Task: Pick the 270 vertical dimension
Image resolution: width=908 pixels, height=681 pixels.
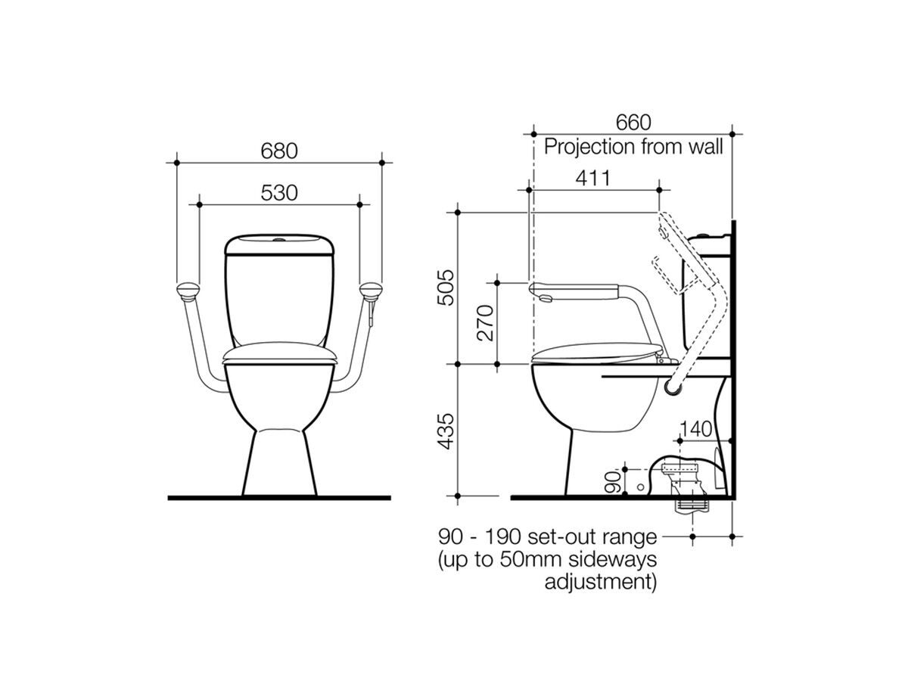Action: point(484,323)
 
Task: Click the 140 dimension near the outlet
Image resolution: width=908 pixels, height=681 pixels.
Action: point(695,429)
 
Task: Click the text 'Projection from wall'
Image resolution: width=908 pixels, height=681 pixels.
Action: point(634,146)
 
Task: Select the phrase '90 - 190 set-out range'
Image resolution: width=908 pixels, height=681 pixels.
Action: point(547,537)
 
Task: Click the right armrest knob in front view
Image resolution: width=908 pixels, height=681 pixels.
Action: point(372,289)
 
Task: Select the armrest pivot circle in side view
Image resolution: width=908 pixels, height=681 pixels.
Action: point(671,387)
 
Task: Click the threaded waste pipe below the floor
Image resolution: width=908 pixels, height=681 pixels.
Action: point(692,502)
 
